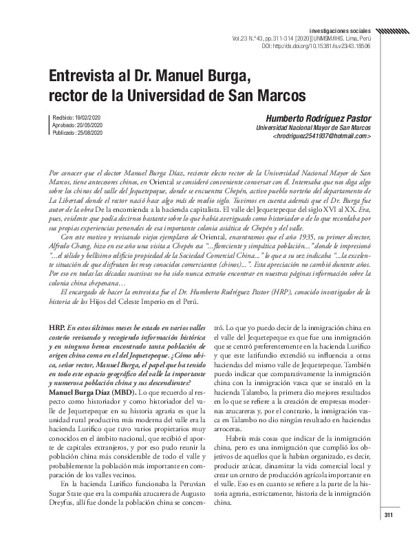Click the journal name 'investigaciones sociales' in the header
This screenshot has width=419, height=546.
click(x=339, y=32)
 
